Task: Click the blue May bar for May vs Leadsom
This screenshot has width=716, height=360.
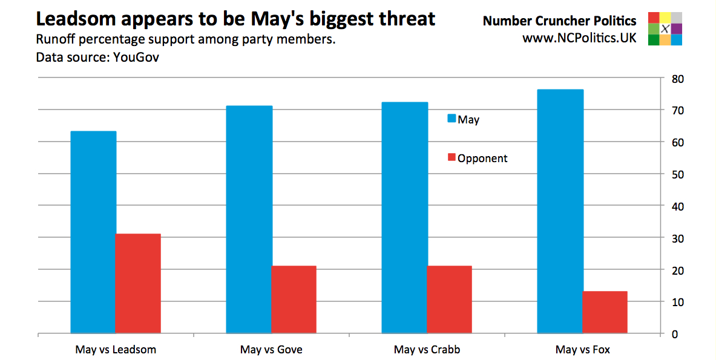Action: [x=93, y=232]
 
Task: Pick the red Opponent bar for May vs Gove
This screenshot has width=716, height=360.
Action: [x=294, y=299]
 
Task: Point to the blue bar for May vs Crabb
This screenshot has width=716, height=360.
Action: [x=405, y=218]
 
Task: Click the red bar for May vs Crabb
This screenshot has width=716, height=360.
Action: [x=449, y=299]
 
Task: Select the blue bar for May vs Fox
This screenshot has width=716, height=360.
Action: [x=560, y=211]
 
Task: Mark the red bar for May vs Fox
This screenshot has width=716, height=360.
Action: [x=605, y=312]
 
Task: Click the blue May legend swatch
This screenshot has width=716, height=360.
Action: [x=451, y=119]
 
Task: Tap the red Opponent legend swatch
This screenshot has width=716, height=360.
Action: [x=451, y=158]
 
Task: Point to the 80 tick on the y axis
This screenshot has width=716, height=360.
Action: [x=677, y=79]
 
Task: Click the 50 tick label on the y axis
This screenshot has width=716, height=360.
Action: [x=677, y=174]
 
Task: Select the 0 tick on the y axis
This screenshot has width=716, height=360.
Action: [x=677, y=334]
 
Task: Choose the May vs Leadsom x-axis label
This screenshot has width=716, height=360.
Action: [x=116, y=350]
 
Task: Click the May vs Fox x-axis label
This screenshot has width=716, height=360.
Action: [x=582, y=350]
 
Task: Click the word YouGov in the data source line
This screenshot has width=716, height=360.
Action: [x=137, y=58]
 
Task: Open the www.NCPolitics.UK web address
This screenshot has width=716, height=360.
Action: [x=579, y=38]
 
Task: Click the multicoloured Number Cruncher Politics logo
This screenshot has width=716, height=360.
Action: [x=665, y=28]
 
